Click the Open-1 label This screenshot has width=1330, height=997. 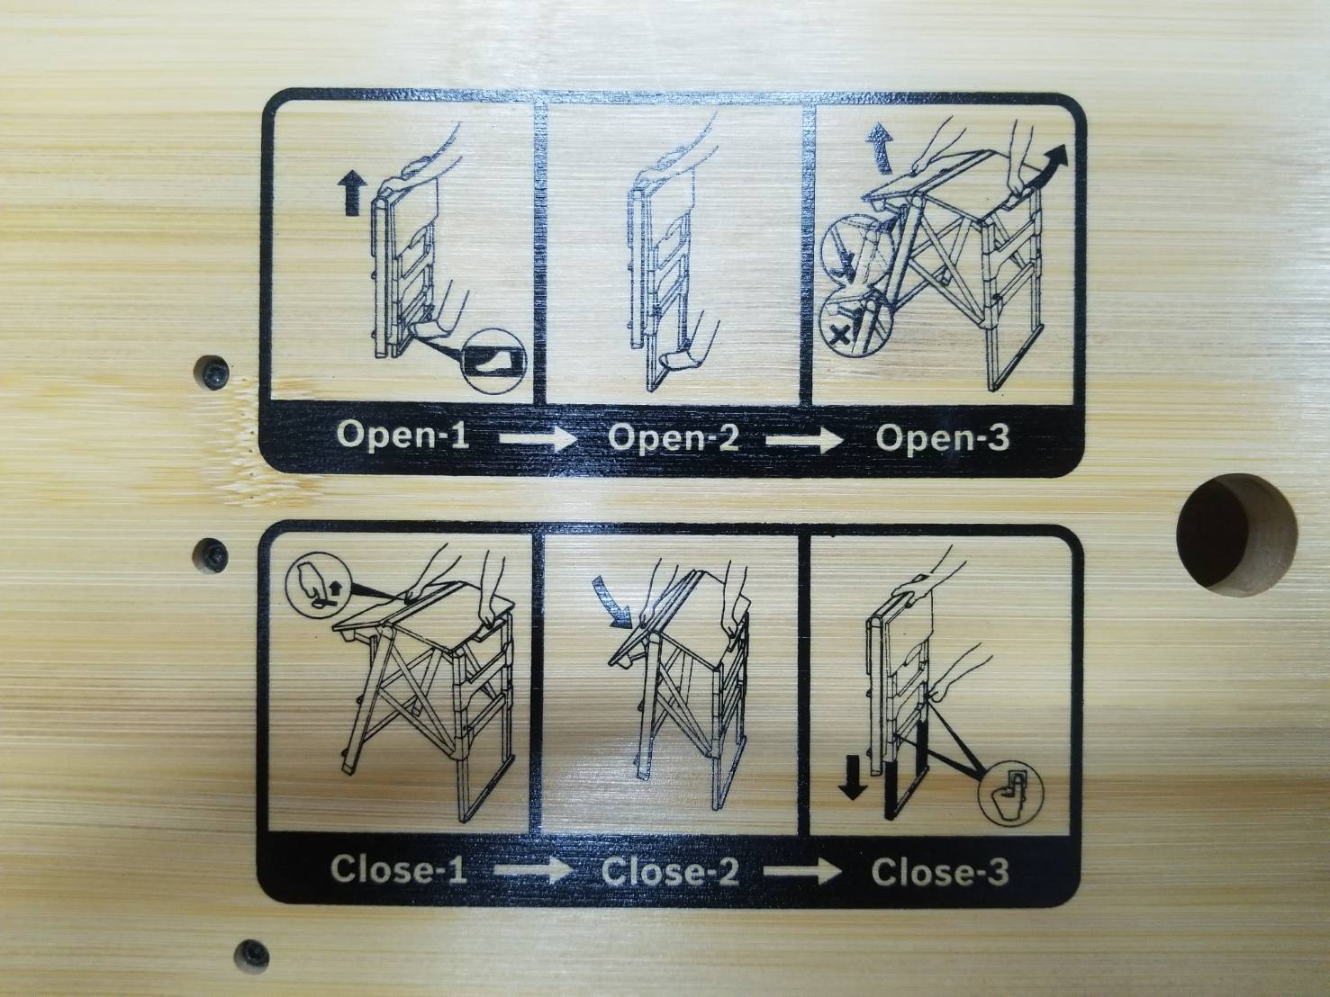(x=403, y=436)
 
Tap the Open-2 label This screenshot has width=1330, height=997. (x=674, y=438)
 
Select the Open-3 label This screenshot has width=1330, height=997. (x=943, y=438)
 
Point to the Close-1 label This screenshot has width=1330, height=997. (x=399, y=870)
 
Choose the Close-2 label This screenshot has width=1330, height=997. (x=670, y=871)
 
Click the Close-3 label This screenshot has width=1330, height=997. (x=940, y=872)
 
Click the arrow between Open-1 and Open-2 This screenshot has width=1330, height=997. (x=538, y=438)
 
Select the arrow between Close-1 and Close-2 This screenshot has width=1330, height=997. (x=533, y=870)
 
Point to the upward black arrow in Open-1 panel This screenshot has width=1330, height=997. (x=351, y=192)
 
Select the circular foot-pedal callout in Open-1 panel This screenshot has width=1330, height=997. (x=493, y=361)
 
